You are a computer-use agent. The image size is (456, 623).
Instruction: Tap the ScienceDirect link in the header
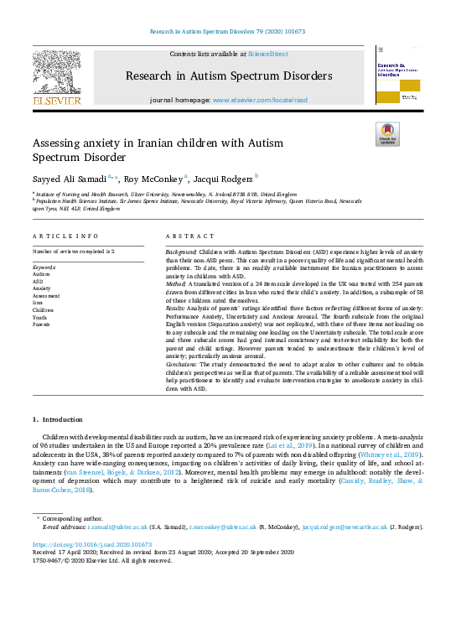click(x=267, y=54)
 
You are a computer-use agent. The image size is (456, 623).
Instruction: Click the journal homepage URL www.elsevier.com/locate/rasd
click(x=260, y=100)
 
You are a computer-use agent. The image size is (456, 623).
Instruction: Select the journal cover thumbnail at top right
click(x=397, y=75)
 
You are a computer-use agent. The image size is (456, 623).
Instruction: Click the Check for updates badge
click(x=387, y=134)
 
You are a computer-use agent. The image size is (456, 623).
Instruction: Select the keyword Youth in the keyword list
click(x=39, y=317)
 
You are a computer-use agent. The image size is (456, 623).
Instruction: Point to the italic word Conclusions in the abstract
click(x=182, y=364)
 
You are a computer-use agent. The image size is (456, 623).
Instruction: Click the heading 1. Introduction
click(x=59, y=418)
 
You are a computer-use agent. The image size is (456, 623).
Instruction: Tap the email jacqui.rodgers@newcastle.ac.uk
click(x=342, y=527)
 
